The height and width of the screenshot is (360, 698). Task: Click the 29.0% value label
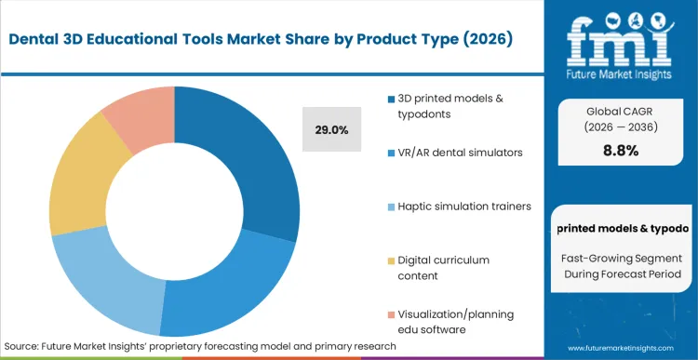(x=331, y=130)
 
